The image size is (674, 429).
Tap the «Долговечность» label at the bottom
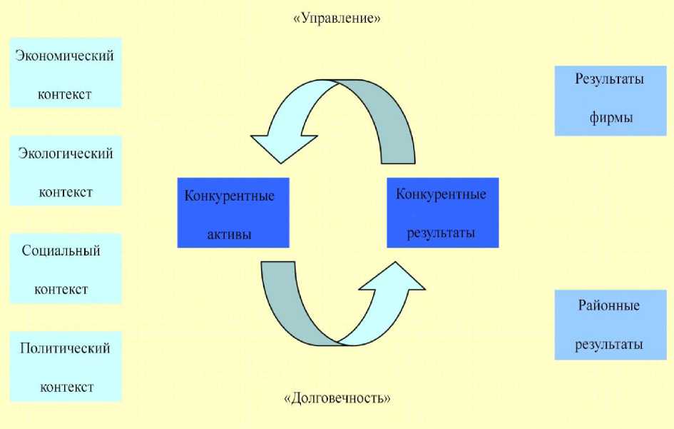(337, 398)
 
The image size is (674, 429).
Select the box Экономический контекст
(66, 74)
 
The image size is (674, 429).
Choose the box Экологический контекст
(66, 171)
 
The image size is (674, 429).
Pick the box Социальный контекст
(66, 268)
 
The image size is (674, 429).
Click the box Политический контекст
(66, 366)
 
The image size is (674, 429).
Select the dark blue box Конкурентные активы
(233, 213)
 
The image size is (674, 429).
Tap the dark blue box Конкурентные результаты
(442, 213)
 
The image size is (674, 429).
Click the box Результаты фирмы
(611, 99)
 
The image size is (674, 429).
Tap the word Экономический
(65, 56)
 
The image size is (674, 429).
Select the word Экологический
(65, 153)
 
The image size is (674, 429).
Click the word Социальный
(61, 251)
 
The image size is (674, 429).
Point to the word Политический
(65, 348)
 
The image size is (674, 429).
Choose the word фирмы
(611, 117)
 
